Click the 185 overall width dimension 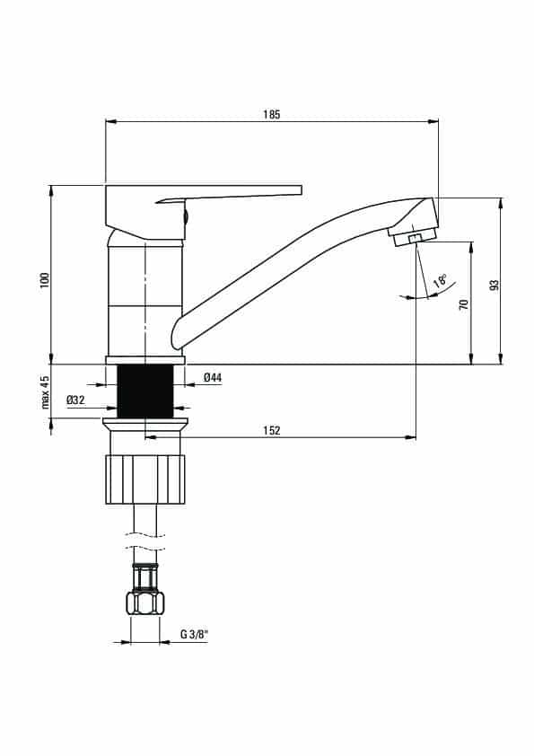[x=271, y=115]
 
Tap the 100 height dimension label [x=45, y=280]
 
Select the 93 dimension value [x=494, y=285]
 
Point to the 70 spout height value [x=464, y=304]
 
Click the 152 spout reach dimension [x=272, y=431]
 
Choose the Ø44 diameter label [x=213, y=377]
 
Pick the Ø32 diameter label [x=75, y=400]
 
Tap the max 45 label [x=45, y=392]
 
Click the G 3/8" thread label [x=194, y=635]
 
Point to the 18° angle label [x=440, y=280]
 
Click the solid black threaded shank [x=145, y=391]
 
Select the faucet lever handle [x=204, y=211]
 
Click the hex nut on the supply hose [x=145, y=602]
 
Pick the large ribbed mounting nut [x=145, y=479]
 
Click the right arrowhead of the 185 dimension [x=433, y=121]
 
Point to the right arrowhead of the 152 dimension [x=411, y=437]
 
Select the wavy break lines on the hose [x=145, y=541]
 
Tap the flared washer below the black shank [x=145, y=424]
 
